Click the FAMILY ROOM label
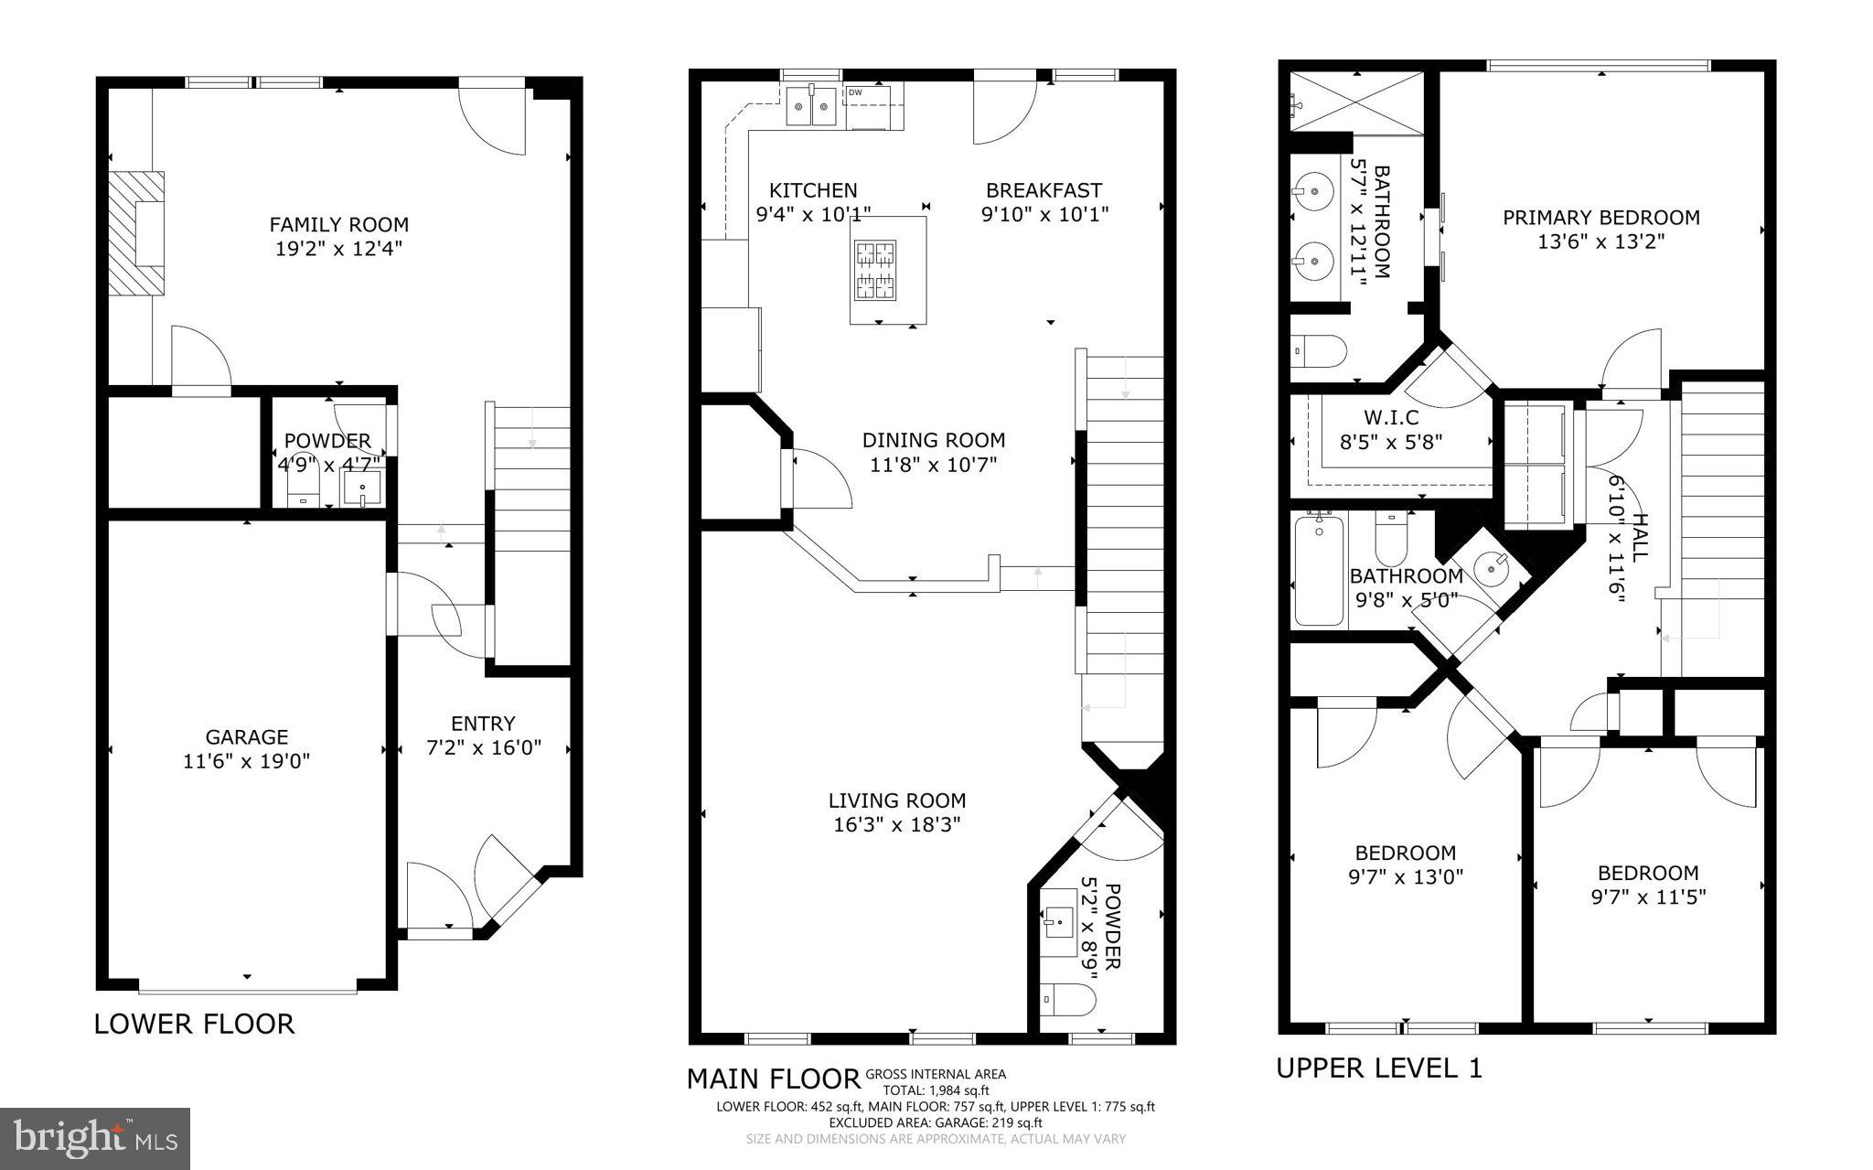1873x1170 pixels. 338,224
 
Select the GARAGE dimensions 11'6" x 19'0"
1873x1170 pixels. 247,761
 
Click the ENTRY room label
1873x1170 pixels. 483,724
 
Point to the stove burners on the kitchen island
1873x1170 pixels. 875,271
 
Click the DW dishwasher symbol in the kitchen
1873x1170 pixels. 856,92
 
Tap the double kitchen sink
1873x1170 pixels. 811,106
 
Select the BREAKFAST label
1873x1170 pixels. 1044,190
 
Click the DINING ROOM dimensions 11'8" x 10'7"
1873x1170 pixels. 934,465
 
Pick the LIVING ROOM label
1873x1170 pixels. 897,800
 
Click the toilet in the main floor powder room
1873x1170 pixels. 1067,999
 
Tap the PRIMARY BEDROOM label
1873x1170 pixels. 1601,218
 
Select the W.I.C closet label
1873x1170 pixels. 1391,418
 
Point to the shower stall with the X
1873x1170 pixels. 1356,101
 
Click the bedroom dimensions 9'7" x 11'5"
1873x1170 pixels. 1648,897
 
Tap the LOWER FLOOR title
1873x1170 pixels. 194,1024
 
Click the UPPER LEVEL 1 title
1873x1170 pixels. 1379,1068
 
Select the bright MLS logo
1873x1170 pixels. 95,1138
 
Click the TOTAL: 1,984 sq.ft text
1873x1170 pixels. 936,1090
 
